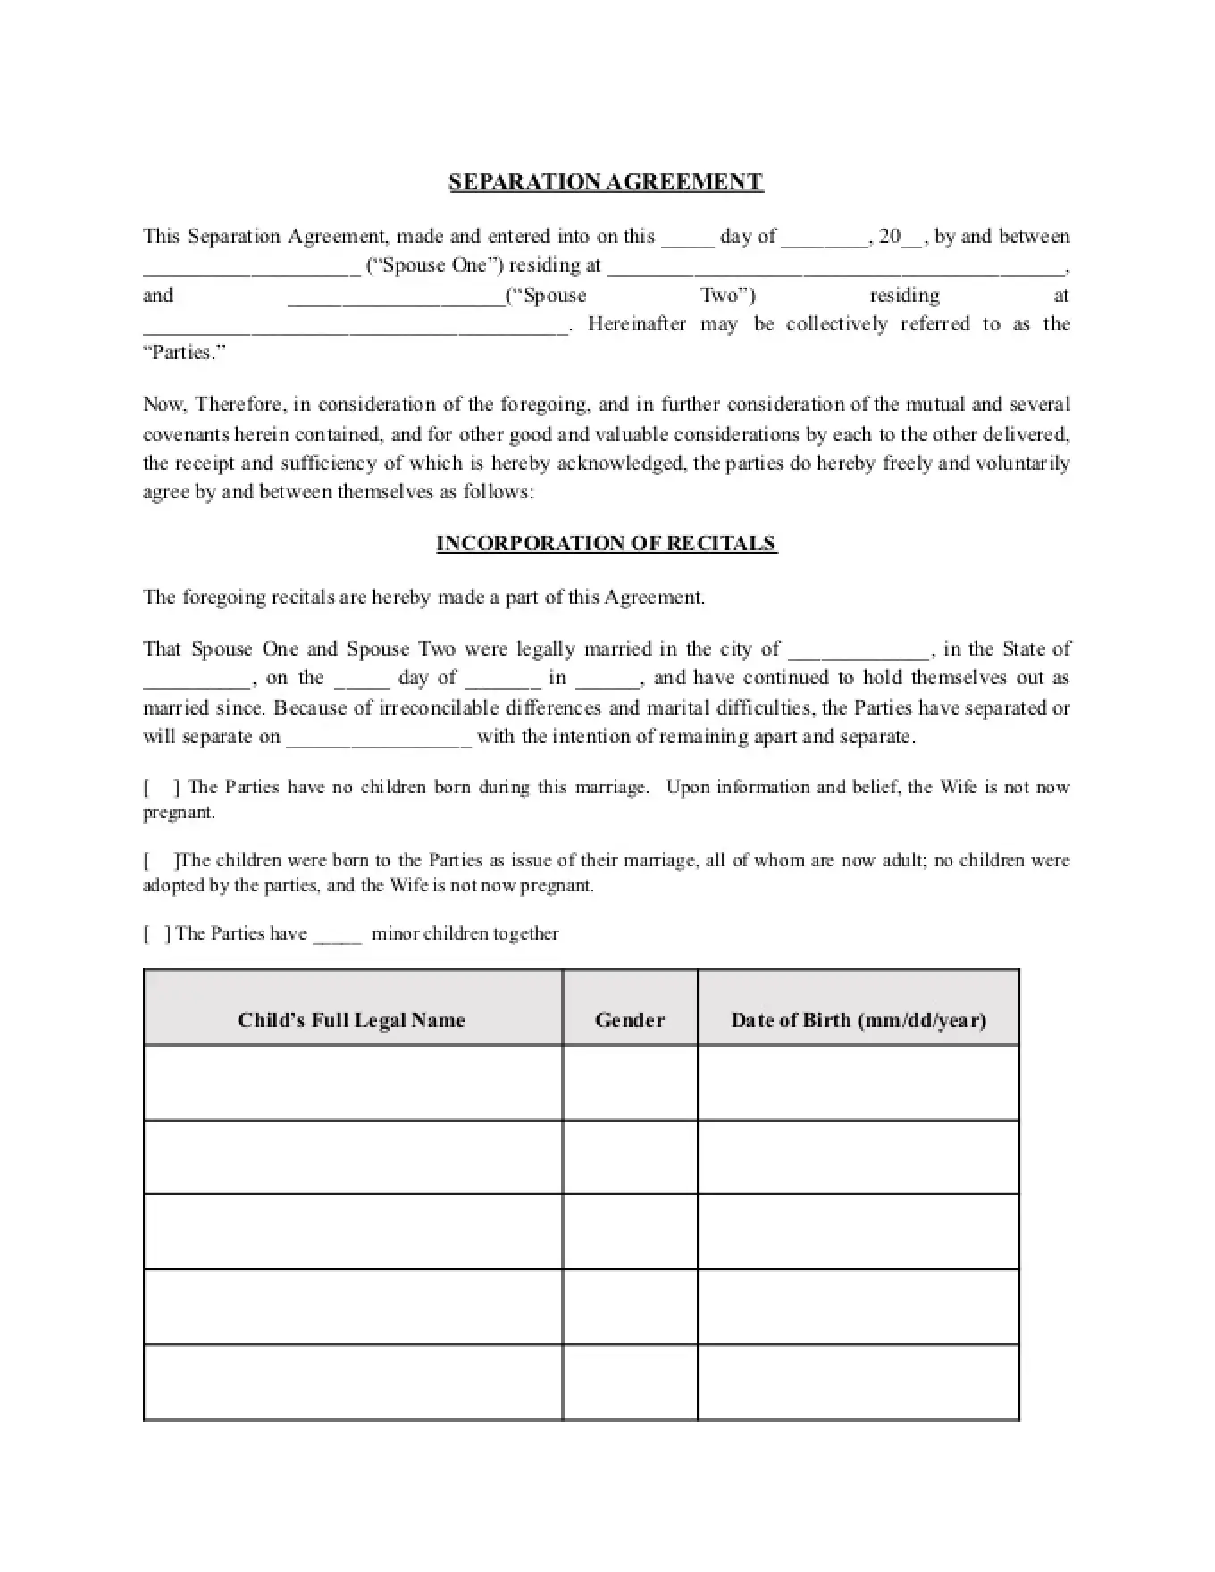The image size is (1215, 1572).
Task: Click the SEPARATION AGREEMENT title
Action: pyautogui.click(x=606, y=182)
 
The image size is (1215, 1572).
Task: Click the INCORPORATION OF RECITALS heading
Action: pyautogui.click(x=606, y=544)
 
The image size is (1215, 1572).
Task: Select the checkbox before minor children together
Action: pyautogui.click(x=157, y=934)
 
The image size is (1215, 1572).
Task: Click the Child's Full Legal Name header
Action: pyautogui.click(x=352, y=1020)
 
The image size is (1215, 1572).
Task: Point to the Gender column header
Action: pyautogui.click(x=630, y=1020)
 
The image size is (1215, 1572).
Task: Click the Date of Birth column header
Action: pyautogui.click(x=858, y=1020)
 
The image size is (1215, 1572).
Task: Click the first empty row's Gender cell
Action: pyautogui.click(x=630, y=1083)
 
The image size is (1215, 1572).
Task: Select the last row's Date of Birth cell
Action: pyautogui.click(x=858, y=1382)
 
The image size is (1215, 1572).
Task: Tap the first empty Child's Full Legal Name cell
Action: pyautogui.click(x=352, y=1083)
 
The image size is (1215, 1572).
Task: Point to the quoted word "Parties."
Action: pyautogui.click(x=184, y=353)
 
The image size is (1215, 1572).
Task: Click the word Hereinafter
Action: pyautogui.click(x=637, y=324)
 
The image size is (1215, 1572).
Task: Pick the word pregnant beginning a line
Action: pyautogui.click(x=179, y=814)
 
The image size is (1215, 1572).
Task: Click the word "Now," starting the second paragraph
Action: pyautogui.click(x=164, y=405)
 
